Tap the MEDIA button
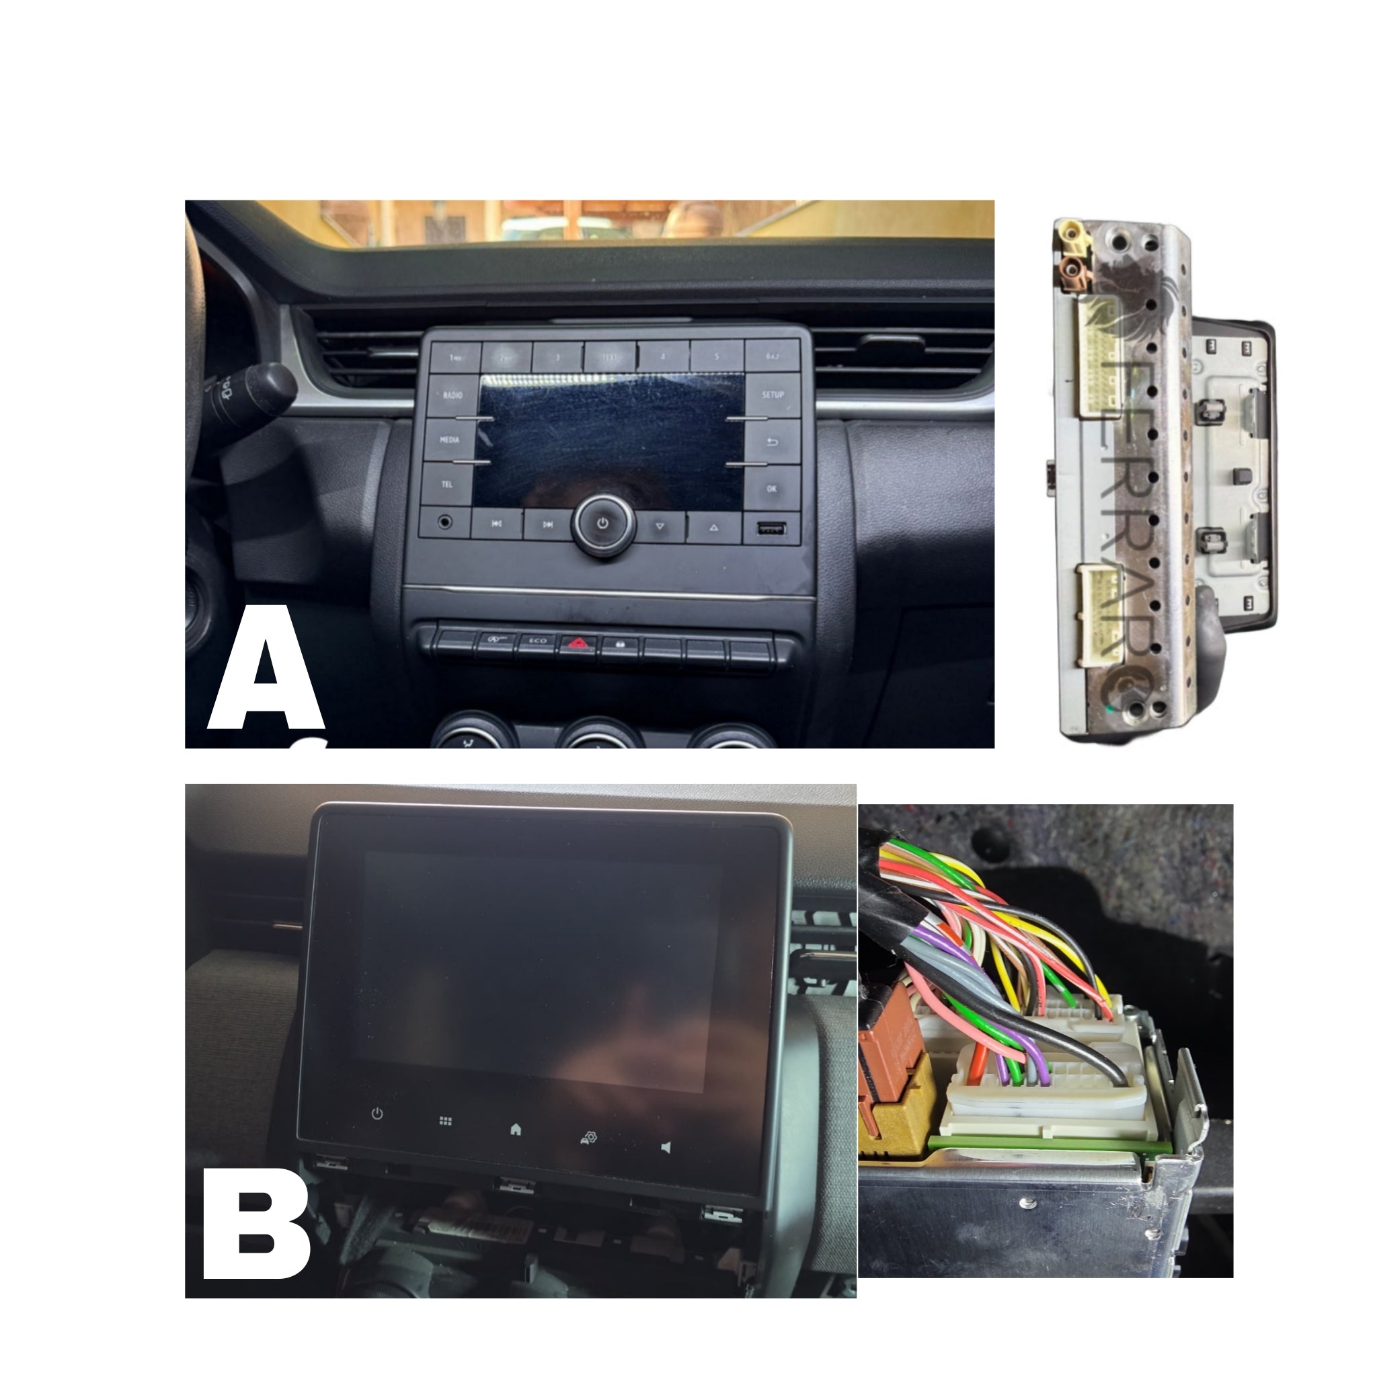point(450,440)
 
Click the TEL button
point(448,485)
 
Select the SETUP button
point(773,395)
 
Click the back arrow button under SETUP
point(772,442)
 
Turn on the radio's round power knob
point(603,524)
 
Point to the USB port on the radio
point(772,528)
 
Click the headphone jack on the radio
point(446,522)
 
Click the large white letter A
point(266,670)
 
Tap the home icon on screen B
point(516,1129)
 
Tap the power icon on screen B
point(377,1113)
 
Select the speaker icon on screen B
point(666,1148)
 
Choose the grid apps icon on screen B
point(446,1121)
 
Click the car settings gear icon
point(589,1138)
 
